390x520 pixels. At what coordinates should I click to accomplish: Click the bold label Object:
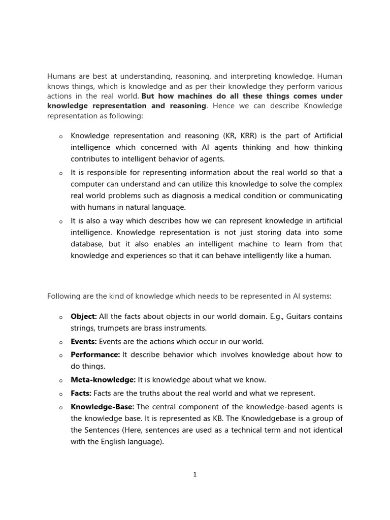click(84, 316)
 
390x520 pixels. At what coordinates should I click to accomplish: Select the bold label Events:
click(84, 342)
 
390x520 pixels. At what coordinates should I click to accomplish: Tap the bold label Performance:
click(95, 354)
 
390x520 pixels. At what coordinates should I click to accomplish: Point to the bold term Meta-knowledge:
click(103, 380)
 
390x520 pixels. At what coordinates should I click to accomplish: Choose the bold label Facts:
click(81, 393)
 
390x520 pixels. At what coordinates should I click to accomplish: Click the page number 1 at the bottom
click(195, 474)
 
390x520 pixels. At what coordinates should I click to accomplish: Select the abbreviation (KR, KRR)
click(241, 136)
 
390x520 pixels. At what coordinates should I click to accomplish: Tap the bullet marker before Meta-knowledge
click(60, 380)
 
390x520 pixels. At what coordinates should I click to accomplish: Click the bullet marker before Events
click(60, 342)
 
